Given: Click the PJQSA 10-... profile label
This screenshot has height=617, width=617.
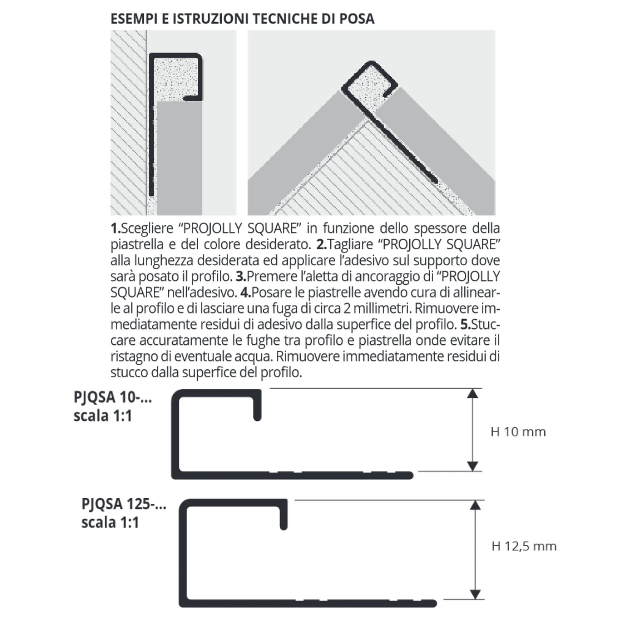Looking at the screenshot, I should point(113,398).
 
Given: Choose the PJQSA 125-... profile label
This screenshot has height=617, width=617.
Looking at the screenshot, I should point(124,504).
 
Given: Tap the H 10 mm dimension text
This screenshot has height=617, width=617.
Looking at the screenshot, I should point(518,432).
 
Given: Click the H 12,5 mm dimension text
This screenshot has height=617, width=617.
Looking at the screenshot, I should point(524,546).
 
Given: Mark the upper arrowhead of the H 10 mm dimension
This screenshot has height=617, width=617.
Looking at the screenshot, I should point(473,393).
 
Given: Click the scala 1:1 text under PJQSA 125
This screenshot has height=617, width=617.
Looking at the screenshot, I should point(110,523).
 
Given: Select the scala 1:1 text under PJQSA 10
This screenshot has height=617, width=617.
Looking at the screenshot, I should point(102,416).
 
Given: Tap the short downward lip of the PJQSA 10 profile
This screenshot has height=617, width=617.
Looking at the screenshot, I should point(257,409).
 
